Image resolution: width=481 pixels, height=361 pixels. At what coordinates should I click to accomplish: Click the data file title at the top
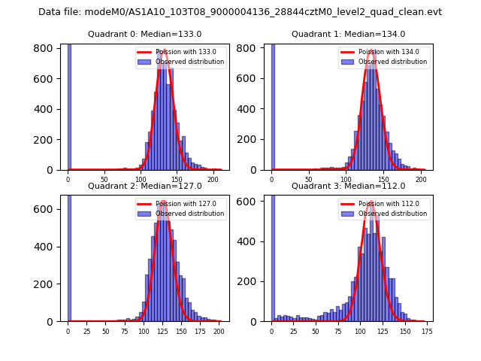coord(240,12)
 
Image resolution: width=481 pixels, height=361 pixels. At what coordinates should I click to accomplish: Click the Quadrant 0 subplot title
coord(144,34)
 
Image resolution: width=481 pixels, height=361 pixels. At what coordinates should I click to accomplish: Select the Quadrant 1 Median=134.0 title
coord(348,34)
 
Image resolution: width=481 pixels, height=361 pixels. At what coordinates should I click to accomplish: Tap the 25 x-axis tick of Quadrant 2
coord(86,331)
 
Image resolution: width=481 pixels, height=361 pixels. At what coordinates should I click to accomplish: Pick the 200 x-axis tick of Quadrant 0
coord(213,180)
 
